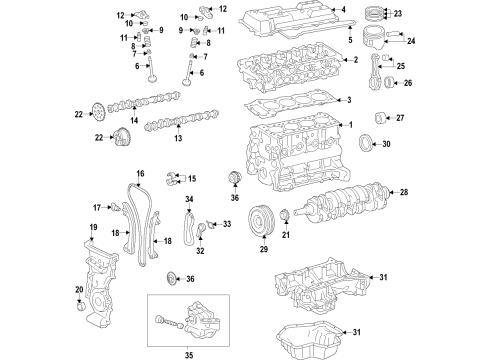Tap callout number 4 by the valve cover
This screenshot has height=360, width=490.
point(342,10)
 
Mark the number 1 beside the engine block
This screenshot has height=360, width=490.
point(350,125)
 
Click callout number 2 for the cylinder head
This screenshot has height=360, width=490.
point(353,60)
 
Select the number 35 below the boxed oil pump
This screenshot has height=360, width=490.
point(193,353)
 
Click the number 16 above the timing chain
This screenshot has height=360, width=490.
point(140,174)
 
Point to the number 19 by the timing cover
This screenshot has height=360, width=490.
point(92,228)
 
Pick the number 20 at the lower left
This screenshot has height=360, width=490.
point(79,290)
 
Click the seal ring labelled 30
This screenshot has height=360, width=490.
point(369,142)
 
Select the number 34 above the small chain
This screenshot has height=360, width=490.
point(187,200)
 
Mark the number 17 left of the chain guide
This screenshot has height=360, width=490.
point(99,208)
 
